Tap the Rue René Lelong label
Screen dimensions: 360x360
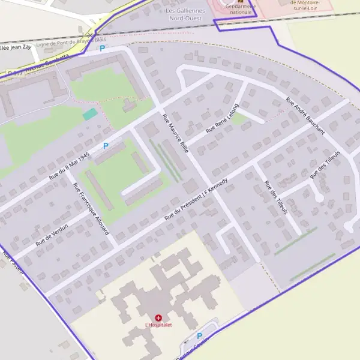[222, 118]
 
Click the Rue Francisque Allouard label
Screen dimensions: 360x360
[91, 208]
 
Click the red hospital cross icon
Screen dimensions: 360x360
[158, 317]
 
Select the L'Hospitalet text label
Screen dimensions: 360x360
[158, 325]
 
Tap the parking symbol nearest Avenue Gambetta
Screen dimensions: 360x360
[102, 48]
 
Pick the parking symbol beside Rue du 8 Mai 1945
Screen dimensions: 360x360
[106, 145]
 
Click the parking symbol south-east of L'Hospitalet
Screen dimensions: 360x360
[199, 336]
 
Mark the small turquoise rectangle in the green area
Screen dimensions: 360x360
[89, 114]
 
